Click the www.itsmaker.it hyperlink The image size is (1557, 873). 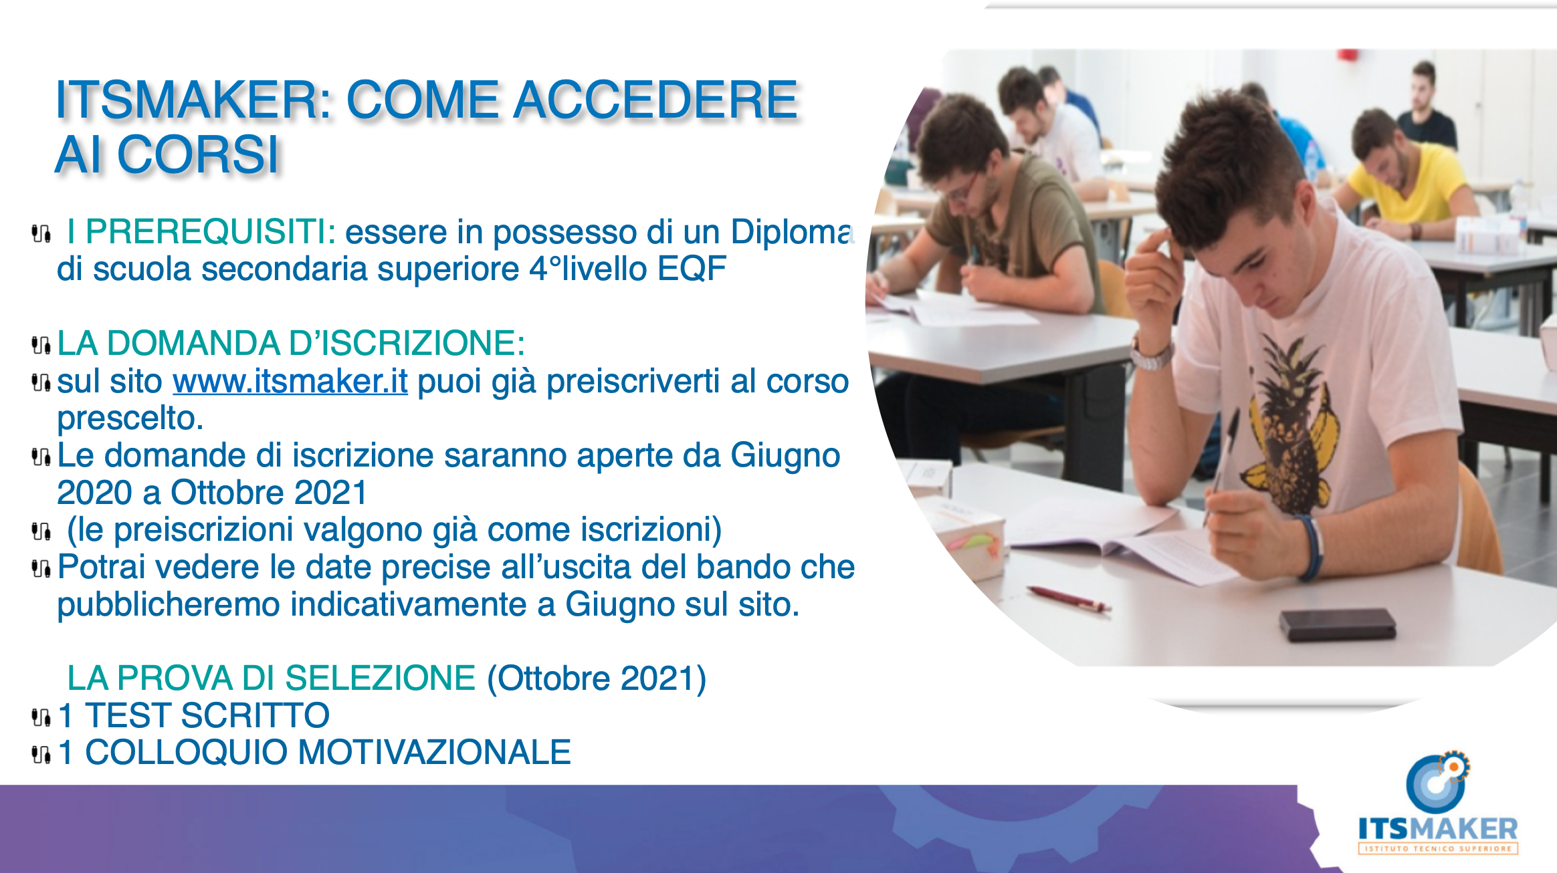[290, 382]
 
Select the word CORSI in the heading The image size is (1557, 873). [198, 155]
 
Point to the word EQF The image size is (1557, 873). [692, 269]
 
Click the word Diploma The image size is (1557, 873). [792, 233]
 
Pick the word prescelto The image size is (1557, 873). [130, 419]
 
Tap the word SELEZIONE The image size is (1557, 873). [380, 678]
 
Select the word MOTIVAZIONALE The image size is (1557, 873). [434, 753]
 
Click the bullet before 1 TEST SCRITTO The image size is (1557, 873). [41, 718]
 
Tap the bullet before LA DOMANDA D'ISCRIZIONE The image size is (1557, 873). [41, 345]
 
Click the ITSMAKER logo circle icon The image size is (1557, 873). [1437, 782]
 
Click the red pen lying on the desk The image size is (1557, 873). [1068, 599]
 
